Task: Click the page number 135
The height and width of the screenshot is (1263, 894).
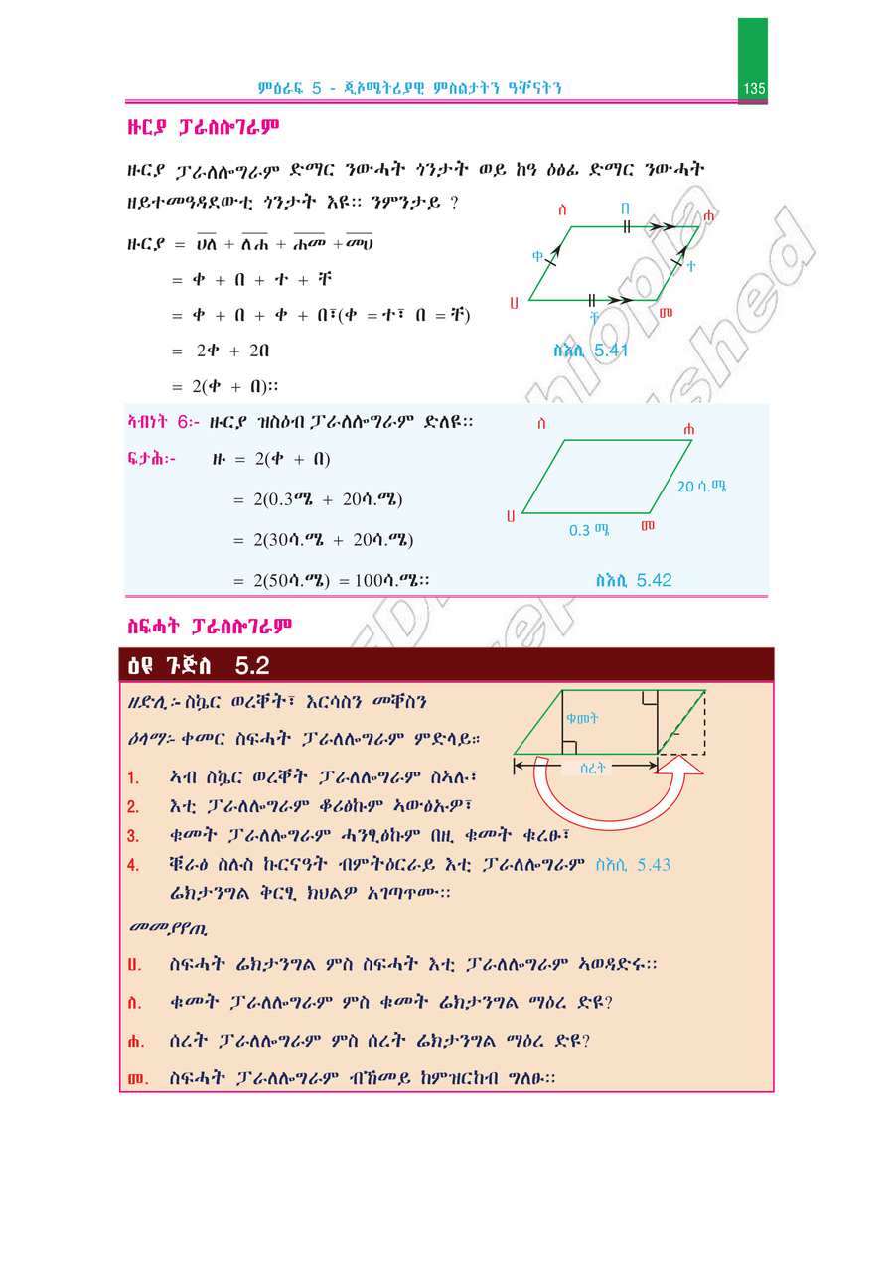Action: [x=753, y=89]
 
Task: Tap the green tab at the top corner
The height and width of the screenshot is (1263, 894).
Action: [x=752, y=45]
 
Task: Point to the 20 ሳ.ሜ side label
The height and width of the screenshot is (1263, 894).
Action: [x=702, y=487]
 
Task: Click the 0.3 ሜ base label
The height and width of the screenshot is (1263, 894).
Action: [x=589, y=530]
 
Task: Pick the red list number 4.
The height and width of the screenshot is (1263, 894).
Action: [x=133, y=865]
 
